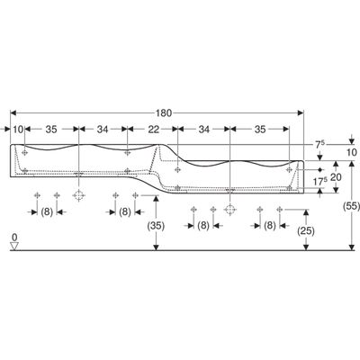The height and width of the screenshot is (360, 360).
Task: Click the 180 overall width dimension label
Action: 164,113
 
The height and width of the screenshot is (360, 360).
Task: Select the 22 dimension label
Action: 154,130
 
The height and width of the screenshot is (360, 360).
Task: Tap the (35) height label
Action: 156,226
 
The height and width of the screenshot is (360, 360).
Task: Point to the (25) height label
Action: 306,230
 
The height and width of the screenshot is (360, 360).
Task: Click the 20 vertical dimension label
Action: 336,177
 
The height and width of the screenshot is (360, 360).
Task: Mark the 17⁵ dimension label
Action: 319,182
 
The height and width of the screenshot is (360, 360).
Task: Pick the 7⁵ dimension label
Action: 319,144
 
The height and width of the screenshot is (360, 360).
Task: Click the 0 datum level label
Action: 14,238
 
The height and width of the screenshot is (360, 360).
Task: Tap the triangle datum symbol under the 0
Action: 14,246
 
